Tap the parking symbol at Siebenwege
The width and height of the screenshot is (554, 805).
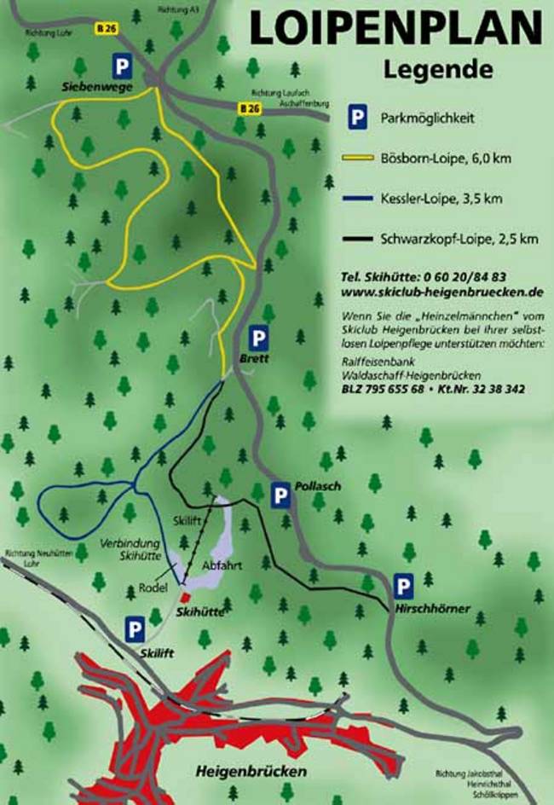point(124,67)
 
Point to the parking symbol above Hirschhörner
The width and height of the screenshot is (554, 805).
point(403,587)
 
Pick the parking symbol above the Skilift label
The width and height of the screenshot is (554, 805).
point(134,630)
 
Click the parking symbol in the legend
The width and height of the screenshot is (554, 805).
point(357,119)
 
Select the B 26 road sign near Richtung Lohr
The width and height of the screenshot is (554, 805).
point(105,28)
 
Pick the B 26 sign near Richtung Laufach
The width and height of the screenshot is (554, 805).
point(248,108)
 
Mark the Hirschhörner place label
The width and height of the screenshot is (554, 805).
point(433,610)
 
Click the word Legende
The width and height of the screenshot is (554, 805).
point(438,67)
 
